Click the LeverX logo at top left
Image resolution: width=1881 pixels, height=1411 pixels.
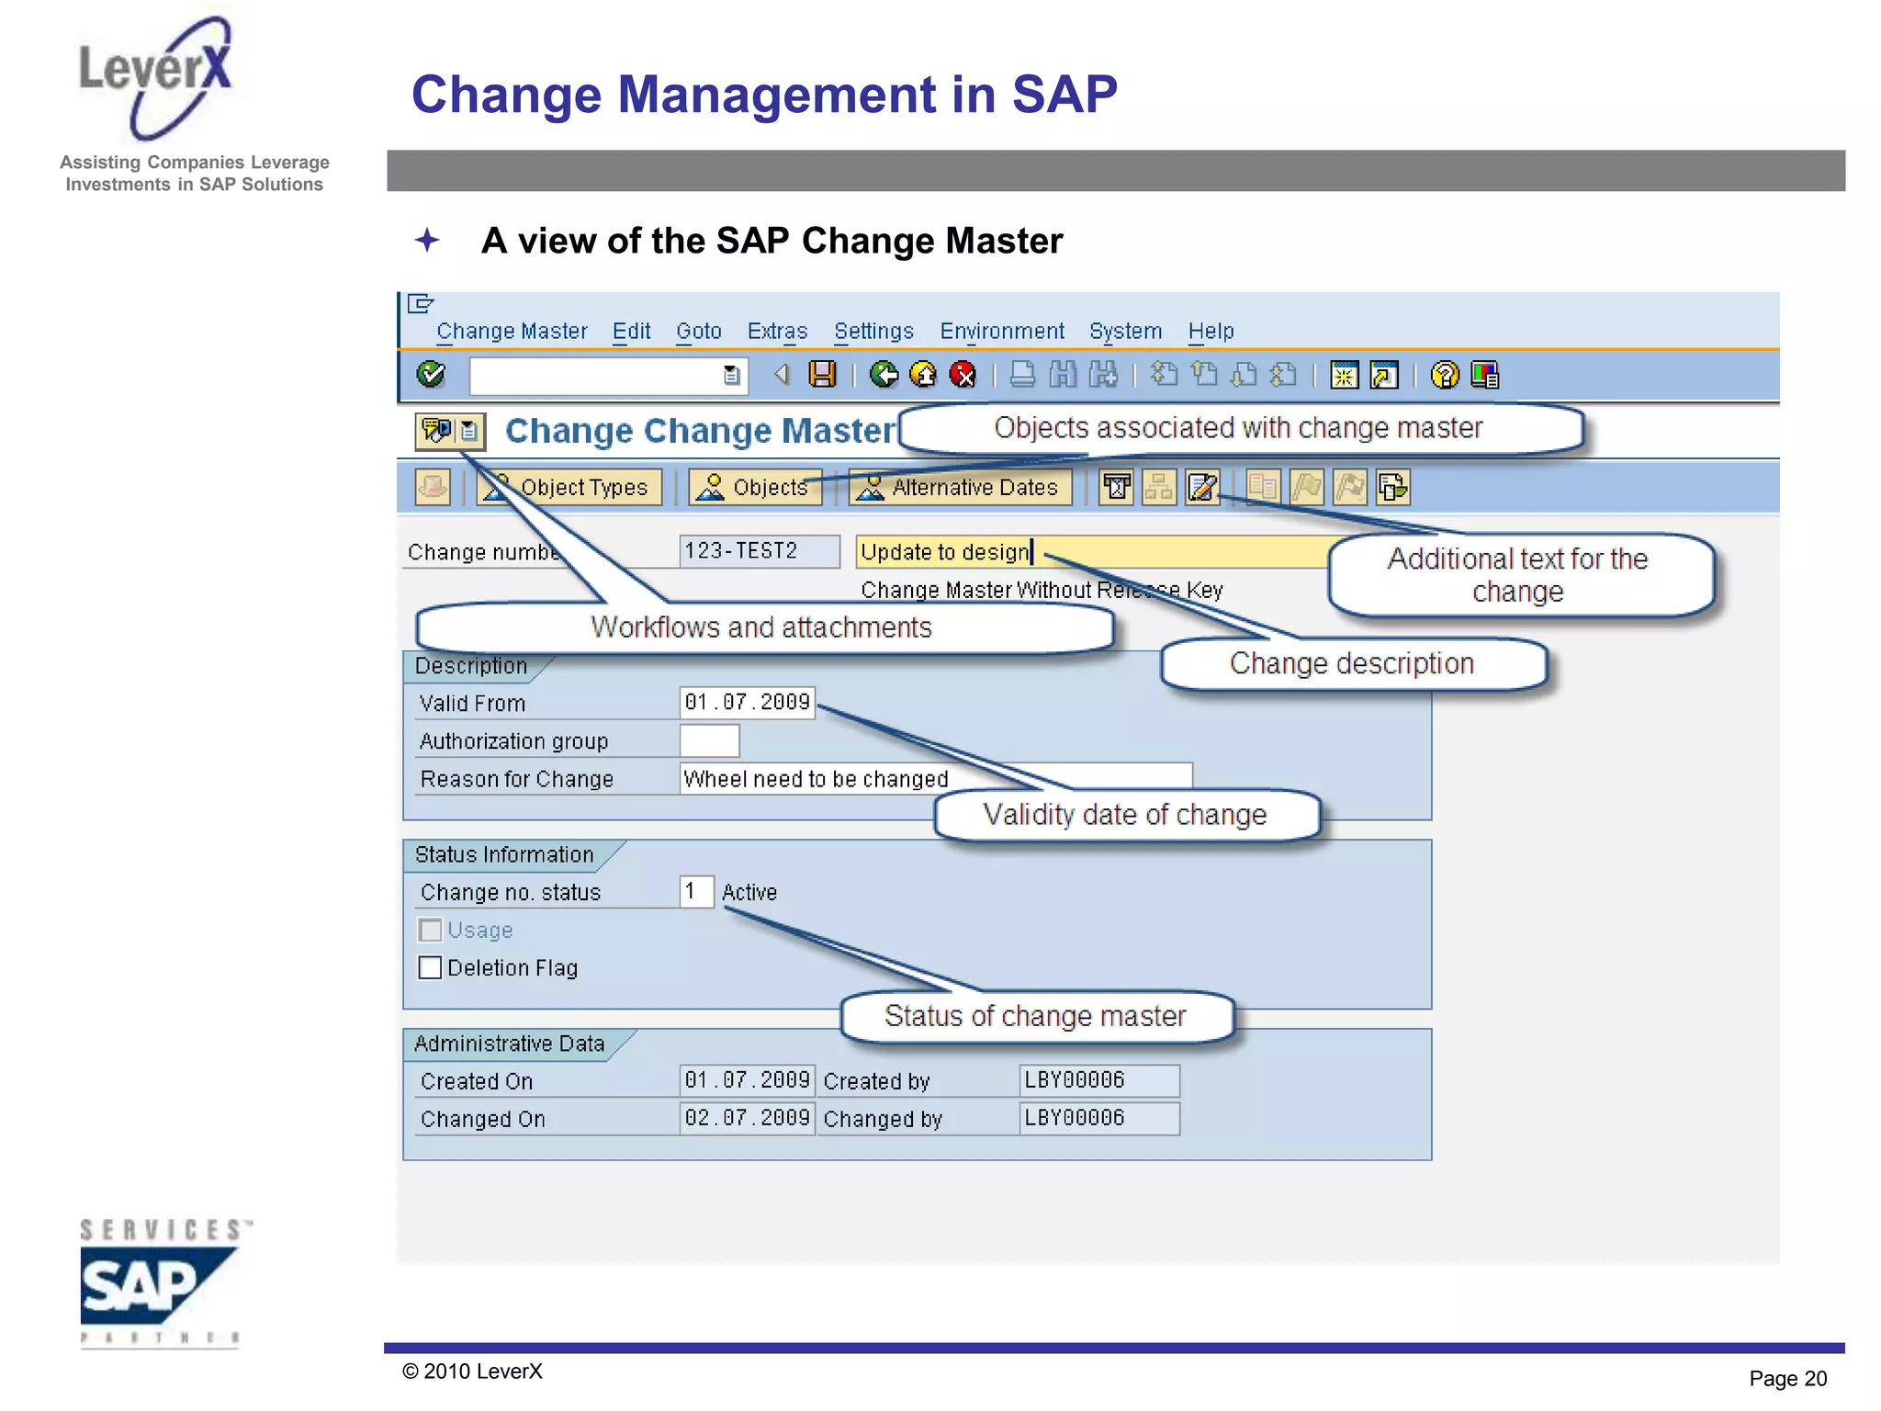[156, 78]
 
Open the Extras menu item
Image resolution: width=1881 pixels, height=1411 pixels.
[777, 331]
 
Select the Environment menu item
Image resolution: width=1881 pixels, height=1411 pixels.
[1001, 331]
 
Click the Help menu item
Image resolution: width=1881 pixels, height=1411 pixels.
[1211, 331]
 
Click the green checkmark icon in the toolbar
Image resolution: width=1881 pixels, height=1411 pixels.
[431, 375]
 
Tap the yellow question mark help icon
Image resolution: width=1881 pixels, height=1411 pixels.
[1444, 375]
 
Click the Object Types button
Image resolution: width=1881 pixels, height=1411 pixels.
[569, 487]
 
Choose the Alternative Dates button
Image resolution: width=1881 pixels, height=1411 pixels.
[960, 487]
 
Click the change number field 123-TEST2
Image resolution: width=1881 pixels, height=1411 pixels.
[759, 551]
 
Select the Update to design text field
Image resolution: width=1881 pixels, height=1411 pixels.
[1093, 551]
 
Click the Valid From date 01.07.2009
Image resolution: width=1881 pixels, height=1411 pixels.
[747, 703]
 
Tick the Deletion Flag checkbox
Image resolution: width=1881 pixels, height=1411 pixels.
[430, 968]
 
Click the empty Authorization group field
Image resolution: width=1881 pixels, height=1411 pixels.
[709, 740]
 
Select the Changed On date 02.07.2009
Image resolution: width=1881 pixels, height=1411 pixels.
[747, 1118]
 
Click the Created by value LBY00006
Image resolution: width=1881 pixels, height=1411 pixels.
[1098, 1080]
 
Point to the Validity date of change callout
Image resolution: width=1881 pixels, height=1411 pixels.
[1126, 815]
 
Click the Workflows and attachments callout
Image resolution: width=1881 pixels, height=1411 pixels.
[762, 627]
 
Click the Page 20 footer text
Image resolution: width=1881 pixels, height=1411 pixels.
[1787, 1378]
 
